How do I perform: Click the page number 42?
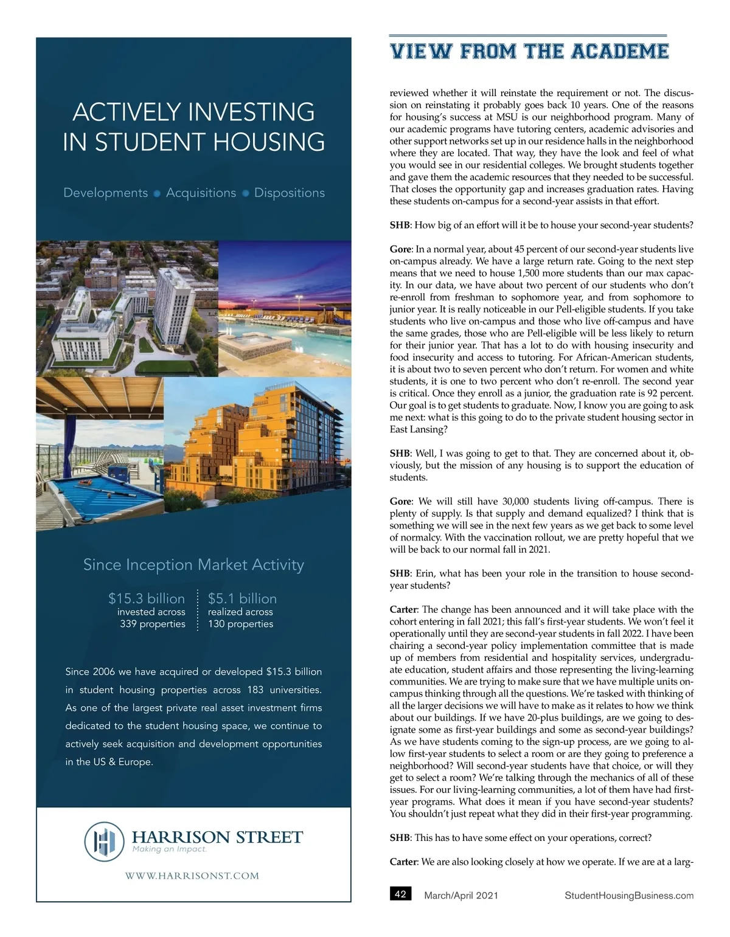400,894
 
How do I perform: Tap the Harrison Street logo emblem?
104,842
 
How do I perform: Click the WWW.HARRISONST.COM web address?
192,876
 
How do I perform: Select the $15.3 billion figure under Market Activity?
147,598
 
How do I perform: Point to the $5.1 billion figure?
242,598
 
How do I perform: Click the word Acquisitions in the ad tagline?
201,193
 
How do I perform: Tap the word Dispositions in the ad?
290,193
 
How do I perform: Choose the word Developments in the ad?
106,193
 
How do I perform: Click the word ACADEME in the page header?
620,52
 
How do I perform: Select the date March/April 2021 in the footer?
461,895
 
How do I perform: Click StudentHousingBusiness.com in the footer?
629,895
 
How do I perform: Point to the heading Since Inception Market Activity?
193,565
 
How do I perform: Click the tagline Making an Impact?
170,849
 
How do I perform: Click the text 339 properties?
153,624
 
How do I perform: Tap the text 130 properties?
240,624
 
